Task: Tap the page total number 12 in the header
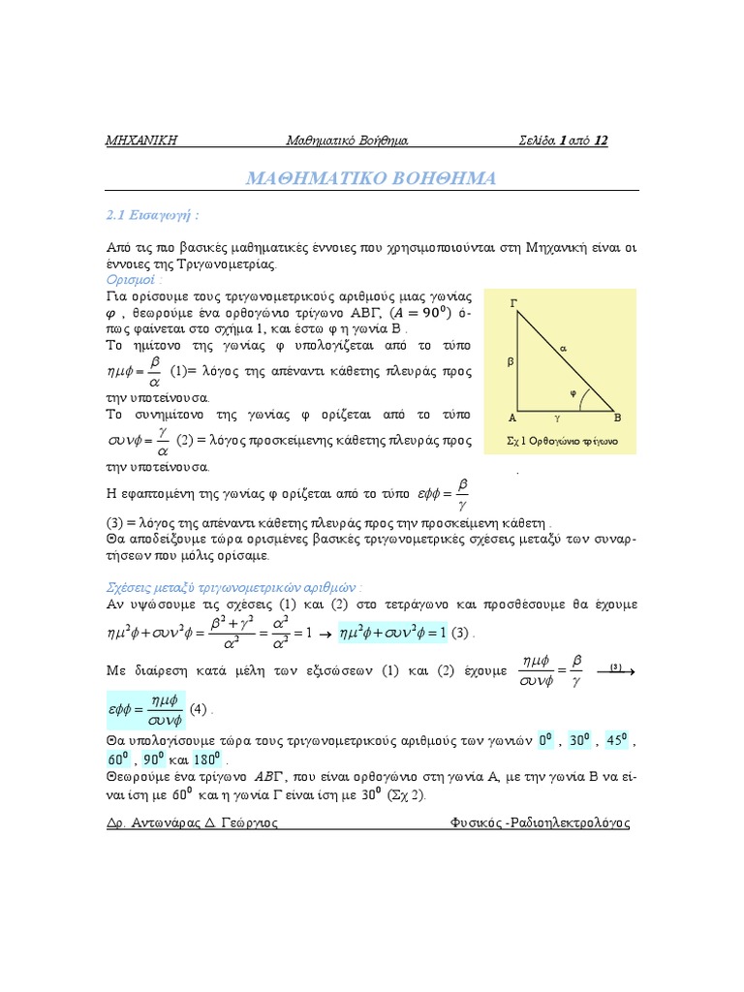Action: click(x=602, y=140)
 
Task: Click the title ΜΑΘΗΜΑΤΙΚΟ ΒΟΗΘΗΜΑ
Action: click(x=371, y=179)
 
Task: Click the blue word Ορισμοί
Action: click(x=134, y=279)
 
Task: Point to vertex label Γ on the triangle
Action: click(x=513, y=304)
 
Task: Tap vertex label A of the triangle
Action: click(x=511, y=418)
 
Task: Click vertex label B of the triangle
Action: click(x=617, y=418)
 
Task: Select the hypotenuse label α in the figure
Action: click(x=563, y=347)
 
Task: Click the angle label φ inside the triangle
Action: click(x=573, y=392)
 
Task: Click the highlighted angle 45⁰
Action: click(x=616, y=740)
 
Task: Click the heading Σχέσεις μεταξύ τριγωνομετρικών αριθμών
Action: click(x=233, y=587)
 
